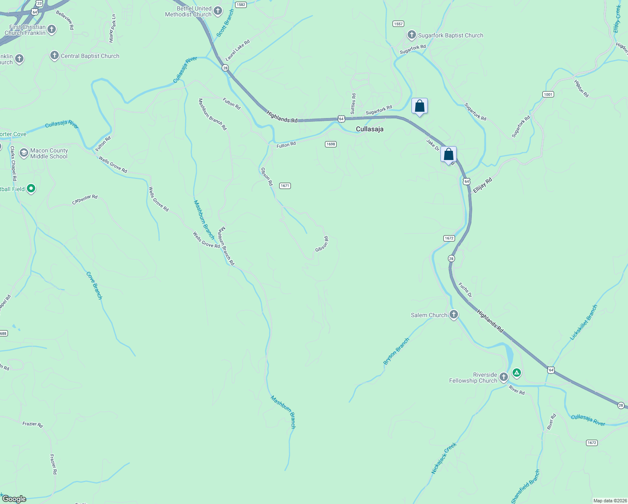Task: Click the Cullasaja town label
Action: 369,129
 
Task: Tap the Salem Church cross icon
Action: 453,315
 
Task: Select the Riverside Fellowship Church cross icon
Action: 503,377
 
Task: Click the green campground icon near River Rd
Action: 517,373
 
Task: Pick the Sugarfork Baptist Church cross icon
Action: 411,35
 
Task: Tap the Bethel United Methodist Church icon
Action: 217,11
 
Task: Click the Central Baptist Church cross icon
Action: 54,55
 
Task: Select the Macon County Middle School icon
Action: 24,153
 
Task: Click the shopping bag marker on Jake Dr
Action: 448,155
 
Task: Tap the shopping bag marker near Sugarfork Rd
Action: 419,106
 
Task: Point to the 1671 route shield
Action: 285,186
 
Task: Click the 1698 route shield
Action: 331,144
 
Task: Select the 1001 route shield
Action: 548,94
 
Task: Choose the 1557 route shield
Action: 398,24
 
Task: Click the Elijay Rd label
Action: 482,186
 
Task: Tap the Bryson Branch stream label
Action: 396,351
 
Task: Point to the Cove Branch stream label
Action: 94,286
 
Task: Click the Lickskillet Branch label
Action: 584,323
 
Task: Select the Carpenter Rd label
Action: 85,199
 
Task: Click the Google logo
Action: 14,499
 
